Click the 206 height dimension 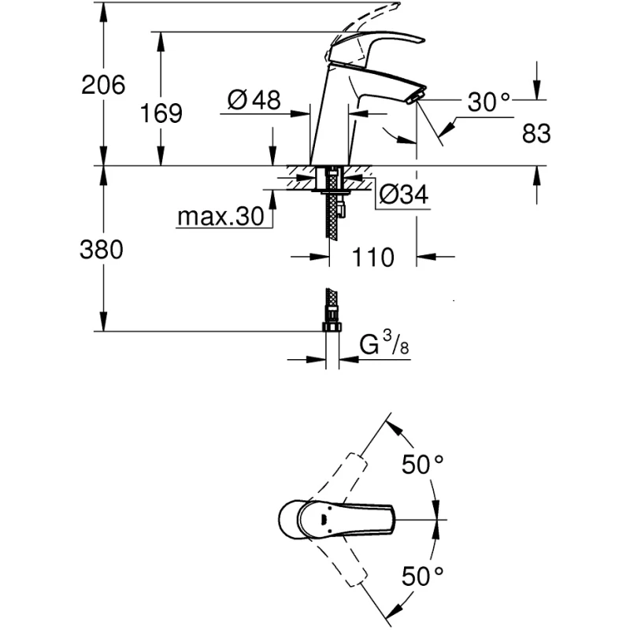pyautogui.click(x=103, y=84)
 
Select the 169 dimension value pyautogui.click(x=161, y=113)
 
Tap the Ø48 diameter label pyautogui.click(x=254, y=100)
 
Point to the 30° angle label pyautogui.click(x=489, y=102)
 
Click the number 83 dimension pyautogui.click(x=536, y=134)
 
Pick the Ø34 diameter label pyautogui.click(x=403, y=195)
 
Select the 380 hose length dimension pyautogui.click(x=102, y=250)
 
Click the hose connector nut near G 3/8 pyautogui.click(x=332, y=326)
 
